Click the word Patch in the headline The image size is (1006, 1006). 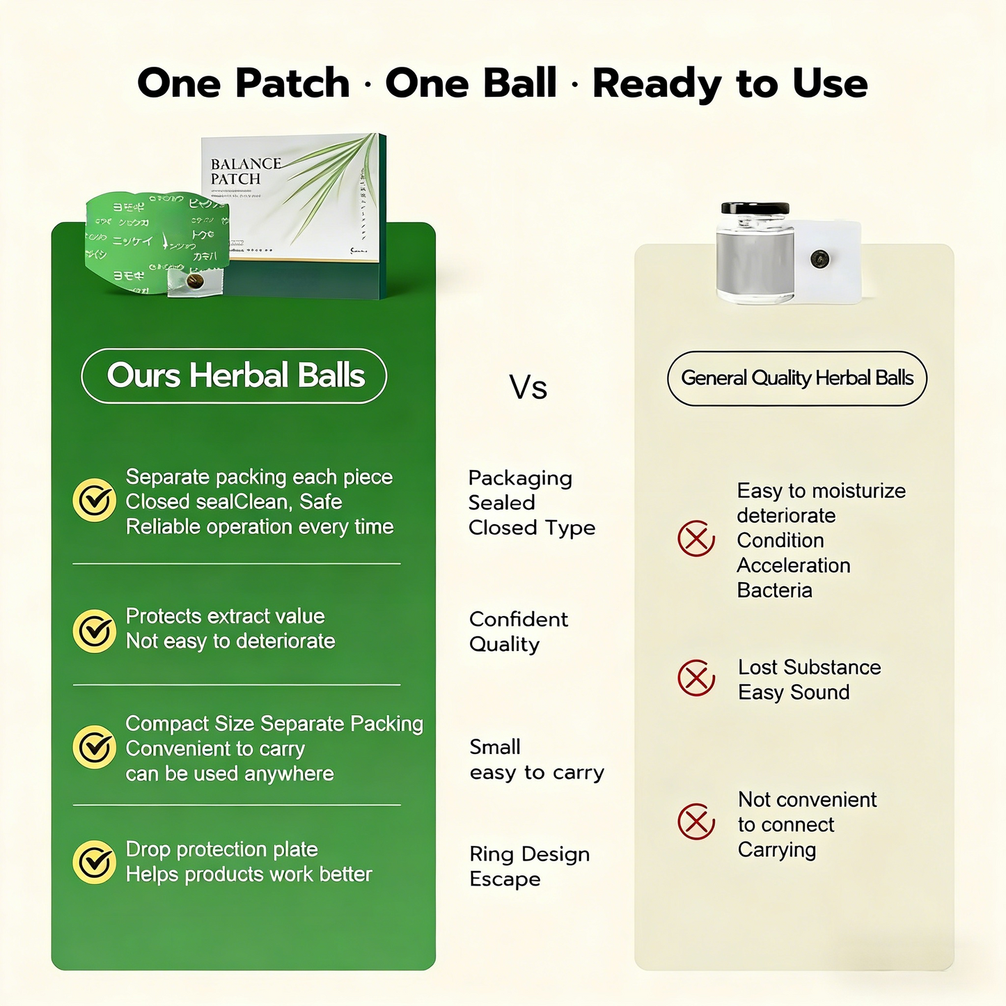point(292,84)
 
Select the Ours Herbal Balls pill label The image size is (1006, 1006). point(235,376)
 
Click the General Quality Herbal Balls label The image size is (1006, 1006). point(797,378)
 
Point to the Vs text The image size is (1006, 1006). point(528,387)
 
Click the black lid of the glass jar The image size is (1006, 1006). point(755,208)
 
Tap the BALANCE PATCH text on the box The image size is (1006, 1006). point(245,171)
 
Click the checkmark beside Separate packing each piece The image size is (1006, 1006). point(94,500)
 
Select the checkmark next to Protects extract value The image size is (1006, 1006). point(94,631)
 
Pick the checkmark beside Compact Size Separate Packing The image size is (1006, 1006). point(94,747)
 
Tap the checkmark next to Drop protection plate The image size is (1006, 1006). point(94,862)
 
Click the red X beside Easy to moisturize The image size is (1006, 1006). point(696,538)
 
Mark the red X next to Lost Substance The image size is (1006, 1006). point(696,678)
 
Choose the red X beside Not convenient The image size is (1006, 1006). point(696,822)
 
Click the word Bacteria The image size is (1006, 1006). point(774,590)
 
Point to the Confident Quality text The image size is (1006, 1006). point(518,631)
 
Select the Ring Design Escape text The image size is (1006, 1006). point(529,866)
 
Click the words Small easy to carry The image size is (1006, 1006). point(536,760)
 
